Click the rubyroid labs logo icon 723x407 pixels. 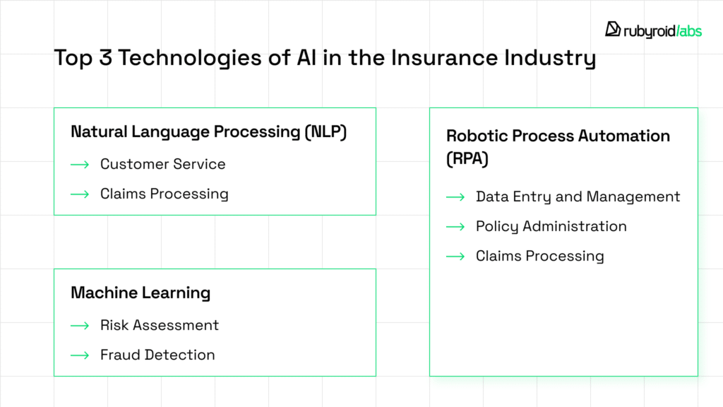click(x=613, y=29)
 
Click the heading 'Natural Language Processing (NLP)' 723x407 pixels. click(x=209, y=131)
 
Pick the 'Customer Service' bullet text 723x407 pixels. click(x=162, y=164)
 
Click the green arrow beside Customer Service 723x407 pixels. click(x=80, y=165)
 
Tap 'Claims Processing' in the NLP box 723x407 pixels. click(x=164, y=194)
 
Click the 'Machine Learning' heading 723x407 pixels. click(x=141, y=293)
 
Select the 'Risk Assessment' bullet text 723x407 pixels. click(x=160, y=325)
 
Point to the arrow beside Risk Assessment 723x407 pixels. click(x=80, y=326)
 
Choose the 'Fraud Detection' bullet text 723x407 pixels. click(x=157, y=355)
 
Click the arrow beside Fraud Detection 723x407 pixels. click(x=80, y=355)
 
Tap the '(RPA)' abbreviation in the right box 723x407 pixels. click(x=467, y=159)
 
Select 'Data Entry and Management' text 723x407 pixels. click(x=578, y=196)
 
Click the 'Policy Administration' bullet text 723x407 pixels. click(x=551, y=226)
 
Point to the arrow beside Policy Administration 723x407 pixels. click(x=455, y=227)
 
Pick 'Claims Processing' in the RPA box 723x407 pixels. click(x=539, y=256)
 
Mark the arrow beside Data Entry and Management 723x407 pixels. click(x=455, y=197)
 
